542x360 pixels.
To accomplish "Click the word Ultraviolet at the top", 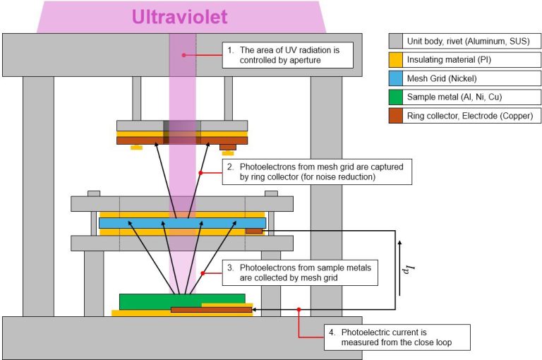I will click(x=182, y=16).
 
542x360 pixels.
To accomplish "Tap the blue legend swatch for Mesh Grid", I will click(x=397, y=78).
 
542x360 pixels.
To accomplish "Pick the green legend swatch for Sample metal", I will click(x=397, y=97).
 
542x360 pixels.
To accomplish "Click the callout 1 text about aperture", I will click(x=287, y=54).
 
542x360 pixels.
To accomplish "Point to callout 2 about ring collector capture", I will click(x=316, y=172).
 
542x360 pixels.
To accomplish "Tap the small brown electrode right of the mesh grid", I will click(x=254, y=231).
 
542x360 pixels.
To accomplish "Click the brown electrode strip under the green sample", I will click(x=211, y=309).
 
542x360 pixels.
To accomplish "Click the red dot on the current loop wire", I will click(x=299, y=309).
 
